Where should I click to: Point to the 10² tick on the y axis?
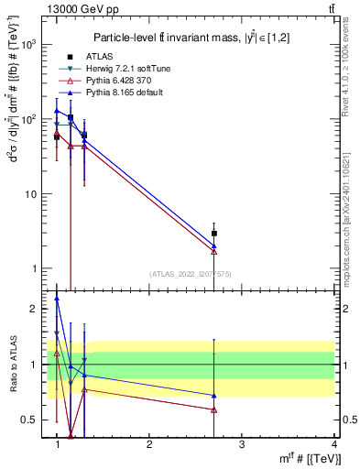30,119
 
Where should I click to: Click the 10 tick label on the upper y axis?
32,194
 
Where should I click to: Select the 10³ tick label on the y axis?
30,44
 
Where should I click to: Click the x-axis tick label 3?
242,444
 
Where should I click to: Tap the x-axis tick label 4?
334,444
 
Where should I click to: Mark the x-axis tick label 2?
149,444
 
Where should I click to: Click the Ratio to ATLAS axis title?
12,364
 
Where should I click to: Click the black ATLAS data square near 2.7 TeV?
214,234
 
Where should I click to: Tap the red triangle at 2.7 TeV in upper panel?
214,250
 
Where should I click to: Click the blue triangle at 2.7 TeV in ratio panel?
214,396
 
